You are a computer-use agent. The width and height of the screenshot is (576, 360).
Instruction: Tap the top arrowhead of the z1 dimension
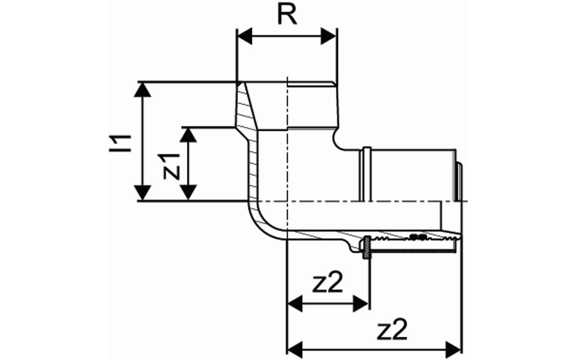(x=188, y=135)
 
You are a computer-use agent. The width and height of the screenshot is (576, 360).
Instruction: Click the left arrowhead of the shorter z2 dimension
(x=295, y=304)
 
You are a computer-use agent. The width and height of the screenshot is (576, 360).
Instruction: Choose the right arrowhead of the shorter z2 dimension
(x=360, y=304)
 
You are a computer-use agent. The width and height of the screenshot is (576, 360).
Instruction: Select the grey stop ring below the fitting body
(x=365, y=248)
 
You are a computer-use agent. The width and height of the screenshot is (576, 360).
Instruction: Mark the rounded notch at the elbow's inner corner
(x=339, y=141)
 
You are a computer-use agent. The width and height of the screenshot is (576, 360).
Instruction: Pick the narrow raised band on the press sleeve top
(x=365, y=174)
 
